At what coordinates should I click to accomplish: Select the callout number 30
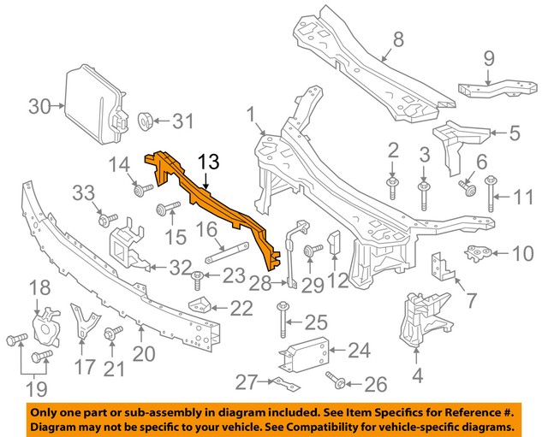pos(39,107)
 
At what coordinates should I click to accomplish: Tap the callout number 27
pos(246,382)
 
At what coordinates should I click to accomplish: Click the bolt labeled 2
pos(392,183)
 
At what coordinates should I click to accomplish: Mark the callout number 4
pos(418,374)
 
